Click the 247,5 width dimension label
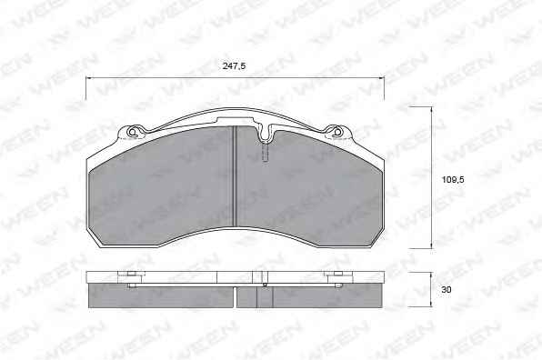pos(234,65)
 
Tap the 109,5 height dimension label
pos(453,180)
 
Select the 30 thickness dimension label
pos(447,289)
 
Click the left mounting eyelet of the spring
pos(133,132)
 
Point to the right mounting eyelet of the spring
pos(337,132)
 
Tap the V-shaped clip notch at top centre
pos(266,133)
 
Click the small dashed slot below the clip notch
pos(266,153)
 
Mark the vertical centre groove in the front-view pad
pos(235,177)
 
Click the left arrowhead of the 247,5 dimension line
pos(88,78)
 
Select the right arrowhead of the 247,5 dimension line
pos(381,78)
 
